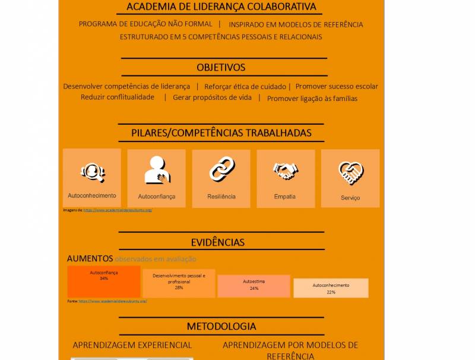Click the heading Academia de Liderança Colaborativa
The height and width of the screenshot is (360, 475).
[x=221, y=7]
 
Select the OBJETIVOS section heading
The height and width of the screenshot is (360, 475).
[x=221, y=67]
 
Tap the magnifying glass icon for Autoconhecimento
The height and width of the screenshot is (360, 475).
[x=93, y=172]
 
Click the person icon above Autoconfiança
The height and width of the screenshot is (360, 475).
[x=157, y=170]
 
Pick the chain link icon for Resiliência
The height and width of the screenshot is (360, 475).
[x=221, y=169]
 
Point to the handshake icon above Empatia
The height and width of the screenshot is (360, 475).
[x=286, y=171]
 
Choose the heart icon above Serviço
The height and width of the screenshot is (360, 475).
[x=350, y=173]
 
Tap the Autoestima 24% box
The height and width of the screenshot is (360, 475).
[x=254, y=286]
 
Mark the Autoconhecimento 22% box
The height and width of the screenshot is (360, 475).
[x=331, y=288]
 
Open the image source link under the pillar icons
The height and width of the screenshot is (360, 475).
[x=118, y=210]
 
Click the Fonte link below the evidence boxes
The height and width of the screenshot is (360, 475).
[x=112, y=301]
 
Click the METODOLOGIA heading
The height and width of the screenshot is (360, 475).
[x=221, y=326]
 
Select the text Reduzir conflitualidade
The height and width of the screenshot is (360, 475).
[x=118, y=97]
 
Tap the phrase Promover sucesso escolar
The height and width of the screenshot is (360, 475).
[x=337, y=86]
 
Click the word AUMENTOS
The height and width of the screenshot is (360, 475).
[x=90, y=258]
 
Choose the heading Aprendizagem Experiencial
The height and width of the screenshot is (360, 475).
[x=132, y=345]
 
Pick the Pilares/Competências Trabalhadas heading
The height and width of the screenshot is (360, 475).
[x=221, y=133]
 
